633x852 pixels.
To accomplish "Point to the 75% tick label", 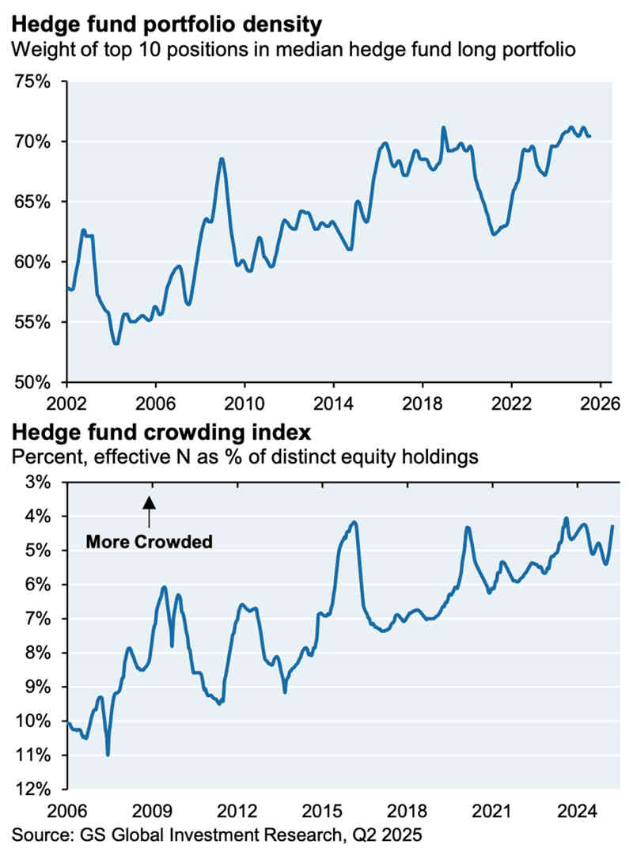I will click(33, 81).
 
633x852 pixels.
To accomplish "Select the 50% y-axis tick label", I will click(33, 382).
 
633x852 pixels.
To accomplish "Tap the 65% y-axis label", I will click(33, 202).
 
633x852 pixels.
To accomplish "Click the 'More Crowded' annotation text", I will click(150, 542).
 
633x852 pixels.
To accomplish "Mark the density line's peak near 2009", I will click(222, 159).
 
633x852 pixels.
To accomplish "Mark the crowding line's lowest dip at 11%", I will click(108, 755).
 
